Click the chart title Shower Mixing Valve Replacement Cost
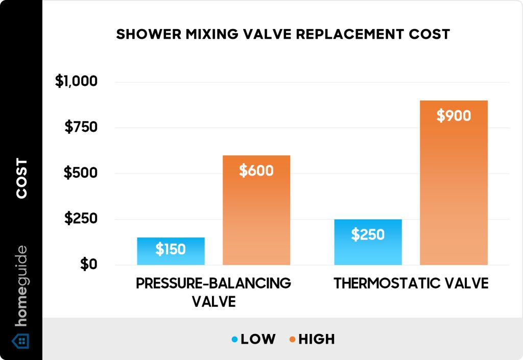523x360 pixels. click(283, 34)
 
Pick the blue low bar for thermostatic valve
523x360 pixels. click(368, 250)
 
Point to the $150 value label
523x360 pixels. click(171, 250)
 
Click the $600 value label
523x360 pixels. click(256, 171)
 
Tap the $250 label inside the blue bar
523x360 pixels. click(368, 235)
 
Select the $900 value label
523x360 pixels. click(454, 116)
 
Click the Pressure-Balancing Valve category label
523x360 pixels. click(213, 292)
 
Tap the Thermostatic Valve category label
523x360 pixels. click(411, 284)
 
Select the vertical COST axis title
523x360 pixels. click(21, 179)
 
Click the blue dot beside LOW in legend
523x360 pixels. click(234, 339)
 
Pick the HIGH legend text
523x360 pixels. click(316, 339)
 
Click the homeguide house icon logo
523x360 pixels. click(21, 340)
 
